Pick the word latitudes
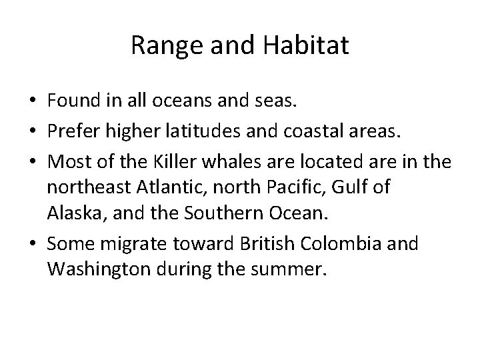pos(198,132)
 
